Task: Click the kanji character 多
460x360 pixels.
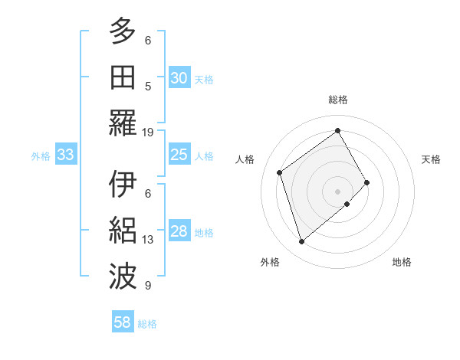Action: point(123,31)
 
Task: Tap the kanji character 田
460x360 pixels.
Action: point(123,77)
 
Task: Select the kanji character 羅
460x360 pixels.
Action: point(123,123)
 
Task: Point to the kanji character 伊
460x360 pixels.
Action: point(123,185)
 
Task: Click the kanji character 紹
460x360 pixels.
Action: point(123,231)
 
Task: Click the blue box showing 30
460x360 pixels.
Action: point(179,78)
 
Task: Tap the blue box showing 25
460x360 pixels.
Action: point(179,155)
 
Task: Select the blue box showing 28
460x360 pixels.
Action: point(179,231)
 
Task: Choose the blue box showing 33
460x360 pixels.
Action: point(65,155)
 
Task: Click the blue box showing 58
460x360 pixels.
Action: point(123,322)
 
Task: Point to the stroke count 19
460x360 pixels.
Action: point(148,132)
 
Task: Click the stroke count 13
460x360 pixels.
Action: point(148,240)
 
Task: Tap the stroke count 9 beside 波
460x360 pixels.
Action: point(148,286)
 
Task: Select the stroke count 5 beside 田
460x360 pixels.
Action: point(148,87)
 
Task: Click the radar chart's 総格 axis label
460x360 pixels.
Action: point(338,100)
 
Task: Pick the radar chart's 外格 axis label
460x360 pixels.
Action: point(269,262)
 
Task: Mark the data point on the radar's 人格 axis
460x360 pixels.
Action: point(280,172)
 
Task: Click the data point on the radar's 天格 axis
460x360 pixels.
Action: point(366,182)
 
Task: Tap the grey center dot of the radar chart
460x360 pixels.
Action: point(337,190)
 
